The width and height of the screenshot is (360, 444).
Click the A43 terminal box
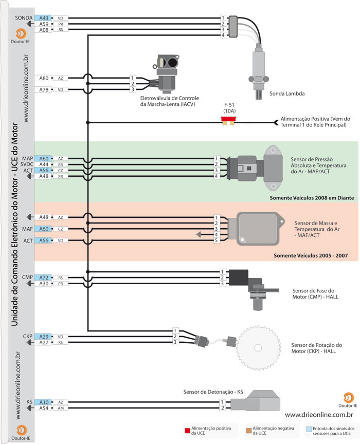coord(44,18)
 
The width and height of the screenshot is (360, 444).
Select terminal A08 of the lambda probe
coord(44,30)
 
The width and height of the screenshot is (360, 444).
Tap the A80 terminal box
coord(44,78)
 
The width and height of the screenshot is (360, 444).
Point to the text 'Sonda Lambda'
coord(287,94)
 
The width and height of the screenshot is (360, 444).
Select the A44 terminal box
coord(44,164)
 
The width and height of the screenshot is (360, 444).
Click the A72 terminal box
coord(44,277)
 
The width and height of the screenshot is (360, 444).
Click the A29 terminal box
coord(44,336)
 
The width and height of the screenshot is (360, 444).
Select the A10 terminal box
coord(44,402)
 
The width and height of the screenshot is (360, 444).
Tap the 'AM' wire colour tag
coord(60,408)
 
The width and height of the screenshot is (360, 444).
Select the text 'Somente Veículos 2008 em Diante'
coord(313,197)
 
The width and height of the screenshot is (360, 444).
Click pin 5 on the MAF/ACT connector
coord(217,240)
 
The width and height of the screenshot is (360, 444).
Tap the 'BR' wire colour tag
coord(60,164)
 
